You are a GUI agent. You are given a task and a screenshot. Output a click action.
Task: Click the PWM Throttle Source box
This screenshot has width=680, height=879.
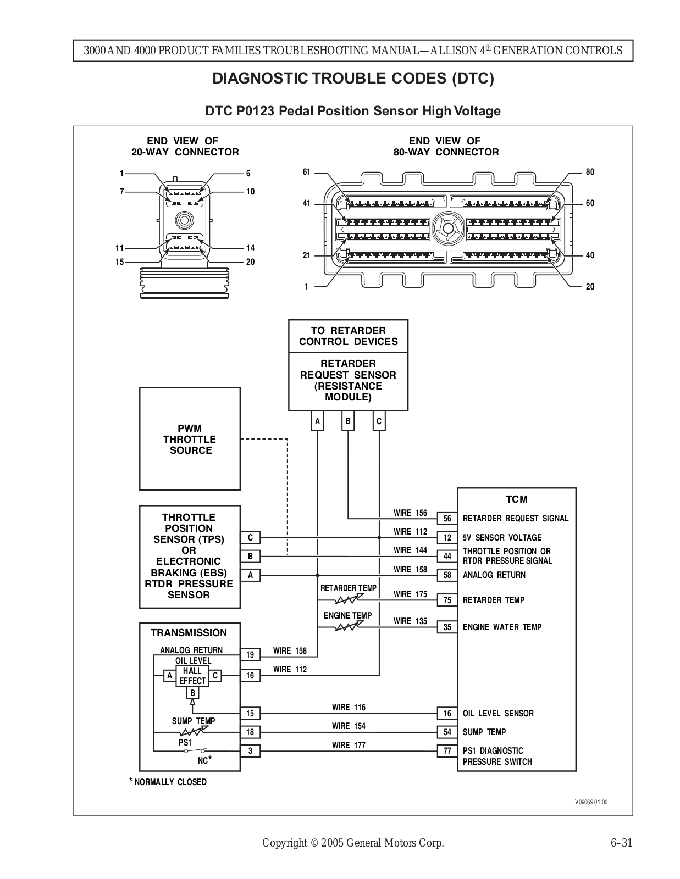pos(190,439)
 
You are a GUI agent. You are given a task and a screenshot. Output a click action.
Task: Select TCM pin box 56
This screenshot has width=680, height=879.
pos(447,519)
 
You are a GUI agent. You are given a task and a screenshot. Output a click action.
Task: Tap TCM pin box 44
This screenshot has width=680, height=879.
pos(447,556)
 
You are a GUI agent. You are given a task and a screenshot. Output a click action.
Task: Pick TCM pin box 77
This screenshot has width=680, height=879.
pos(447,751)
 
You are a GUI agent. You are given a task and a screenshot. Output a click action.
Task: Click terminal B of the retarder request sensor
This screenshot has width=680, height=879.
pos(348,421)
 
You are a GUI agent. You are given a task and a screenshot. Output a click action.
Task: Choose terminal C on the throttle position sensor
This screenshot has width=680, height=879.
pos(250,538)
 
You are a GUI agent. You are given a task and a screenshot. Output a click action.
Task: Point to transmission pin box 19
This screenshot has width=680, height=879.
pos(250,654)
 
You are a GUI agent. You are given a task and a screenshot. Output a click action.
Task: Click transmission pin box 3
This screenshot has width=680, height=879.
pos(250,751)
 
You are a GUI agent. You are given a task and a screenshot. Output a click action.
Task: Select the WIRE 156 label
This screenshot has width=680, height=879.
pos(410,513)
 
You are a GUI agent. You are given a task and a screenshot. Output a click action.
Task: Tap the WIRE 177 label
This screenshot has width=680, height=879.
pos(349,745)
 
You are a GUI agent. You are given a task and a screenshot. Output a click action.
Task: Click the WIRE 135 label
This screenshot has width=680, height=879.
pos(410,621)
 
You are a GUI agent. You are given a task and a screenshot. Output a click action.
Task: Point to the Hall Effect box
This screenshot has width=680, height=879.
pos(192,676)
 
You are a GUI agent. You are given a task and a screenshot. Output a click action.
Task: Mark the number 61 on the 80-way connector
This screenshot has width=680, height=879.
pos(306,172)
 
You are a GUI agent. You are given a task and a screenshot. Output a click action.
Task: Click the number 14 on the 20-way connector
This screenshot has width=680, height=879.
pos(250,248)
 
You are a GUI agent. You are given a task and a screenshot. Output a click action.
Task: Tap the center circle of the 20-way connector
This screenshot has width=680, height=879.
pos(185,220)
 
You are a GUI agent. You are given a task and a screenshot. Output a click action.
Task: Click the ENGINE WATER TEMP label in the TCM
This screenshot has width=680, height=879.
pos(502,627)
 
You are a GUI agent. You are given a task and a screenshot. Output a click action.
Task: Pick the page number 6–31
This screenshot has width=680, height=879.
pos(621,843)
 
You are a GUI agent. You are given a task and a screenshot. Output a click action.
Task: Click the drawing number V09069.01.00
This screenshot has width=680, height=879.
pos(591,802)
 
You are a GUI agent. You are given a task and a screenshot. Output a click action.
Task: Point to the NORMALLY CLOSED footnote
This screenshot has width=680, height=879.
pos(168,782)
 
